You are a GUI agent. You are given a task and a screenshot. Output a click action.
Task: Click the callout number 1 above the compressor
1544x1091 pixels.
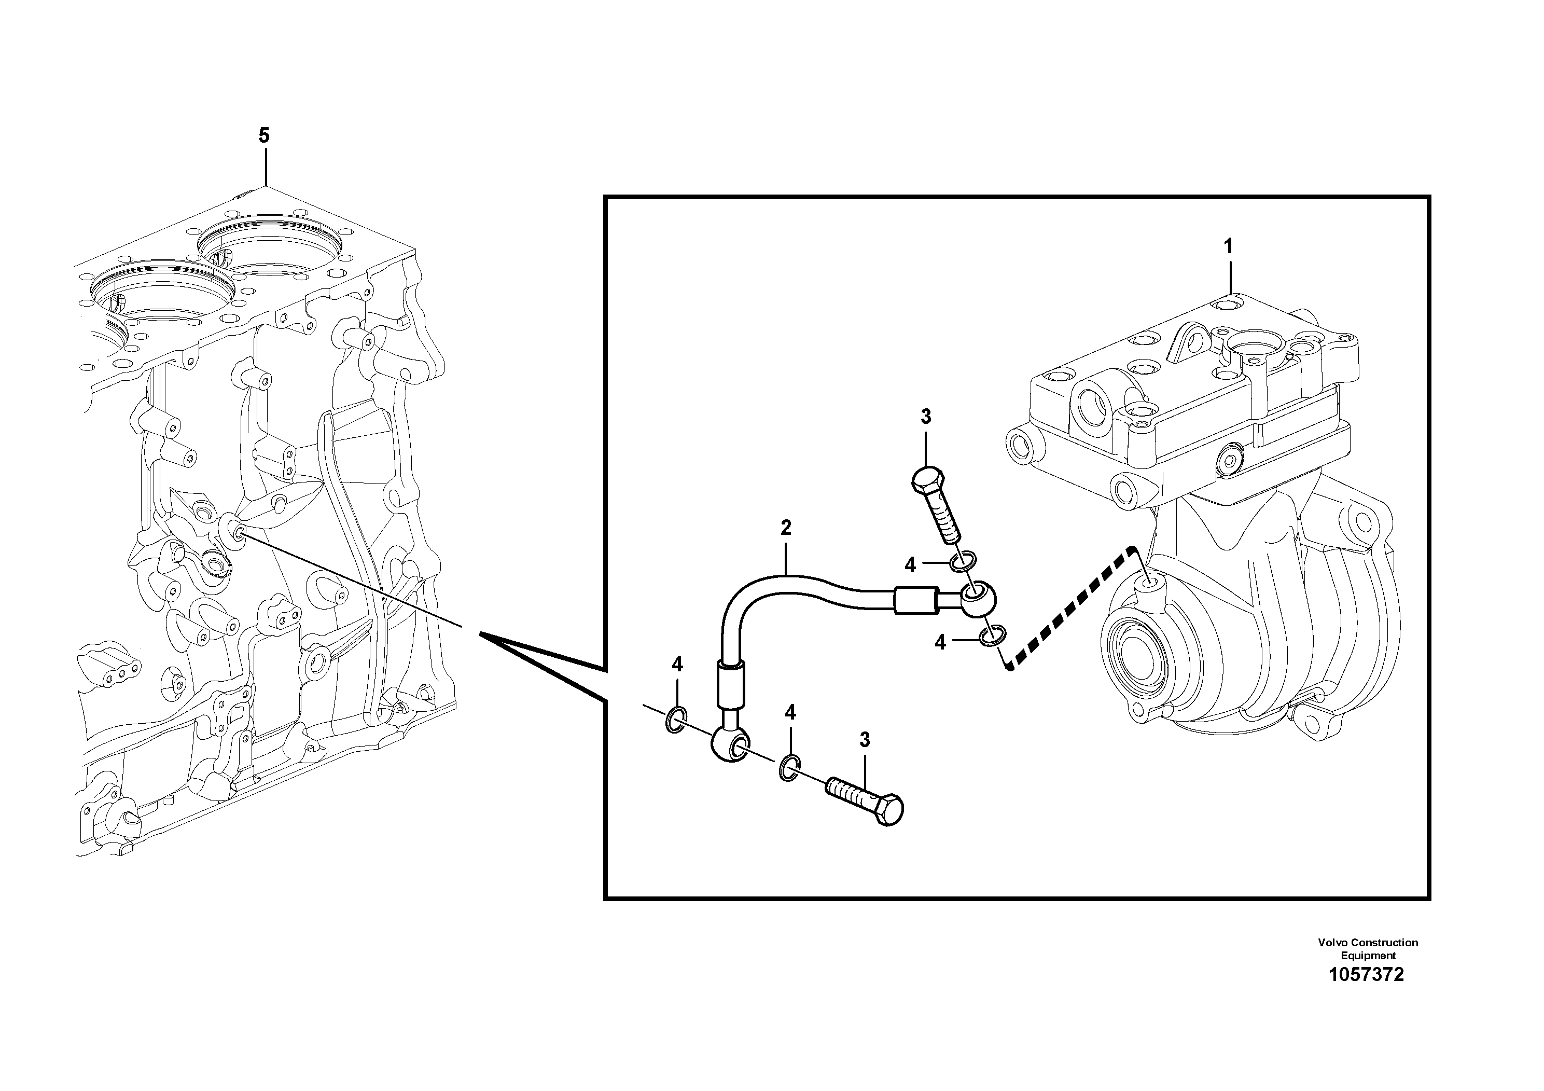(x=1228, y=247)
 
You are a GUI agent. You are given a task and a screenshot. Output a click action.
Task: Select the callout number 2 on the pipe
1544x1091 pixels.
(x=785, y=528)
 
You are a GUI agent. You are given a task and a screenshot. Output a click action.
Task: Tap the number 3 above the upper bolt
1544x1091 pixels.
(x=925, y=417)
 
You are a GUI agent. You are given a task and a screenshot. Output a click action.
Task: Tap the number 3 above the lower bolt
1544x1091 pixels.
(x=865, y=740)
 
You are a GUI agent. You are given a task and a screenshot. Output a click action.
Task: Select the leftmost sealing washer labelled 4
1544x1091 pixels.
(x=676, y=721)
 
